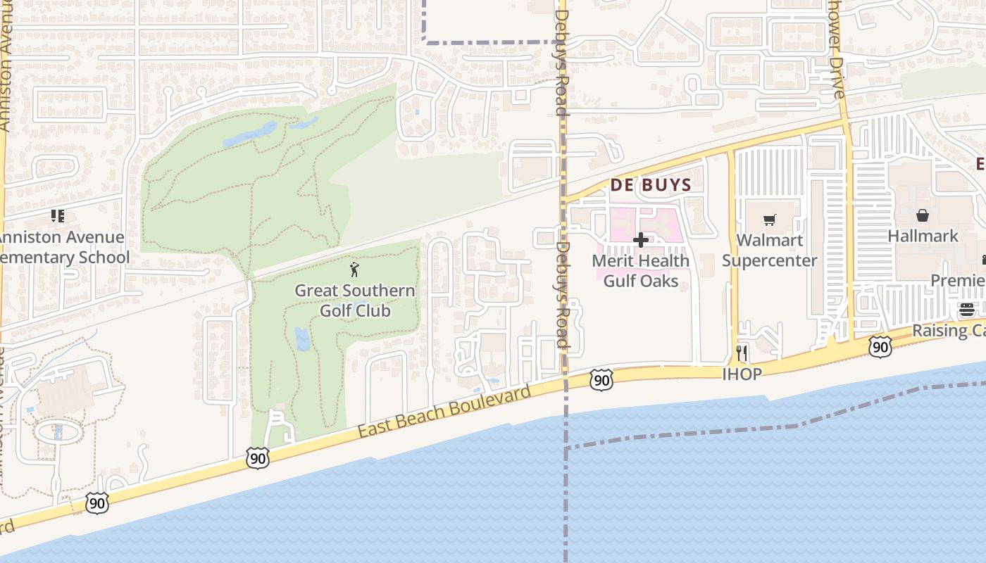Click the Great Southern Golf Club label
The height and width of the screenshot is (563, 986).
click(x=354, y=301)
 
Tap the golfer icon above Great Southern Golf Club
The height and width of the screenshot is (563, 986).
click(x=354, y=270)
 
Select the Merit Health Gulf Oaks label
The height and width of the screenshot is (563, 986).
click(x=640, y=271)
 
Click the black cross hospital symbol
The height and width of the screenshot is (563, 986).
click(x=640, y=240)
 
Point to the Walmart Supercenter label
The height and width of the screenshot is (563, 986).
click(x=769, y=251)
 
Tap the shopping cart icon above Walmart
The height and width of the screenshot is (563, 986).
click(x=769, y=220)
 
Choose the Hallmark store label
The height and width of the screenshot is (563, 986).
click(x=923, y=236)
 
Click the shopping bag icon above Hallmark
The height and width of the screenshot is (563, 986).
click(x=922, y=215)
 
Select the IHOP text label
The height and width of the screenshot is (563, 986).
click(x=742, y=374)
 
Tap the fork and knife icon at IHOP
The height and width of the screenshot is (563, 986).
click(x=741, y=353)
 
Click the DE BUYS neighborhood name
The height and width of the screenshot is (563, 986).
click(x=650, y=185)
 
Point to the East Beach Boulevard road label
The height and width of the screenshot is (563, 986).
click(x=444, y=411)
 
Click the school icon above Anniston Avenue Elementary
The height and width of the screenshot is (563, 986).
click(x=58, y=216)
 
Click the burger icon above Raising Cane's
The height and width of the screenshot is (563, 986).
click(x=967, y=310)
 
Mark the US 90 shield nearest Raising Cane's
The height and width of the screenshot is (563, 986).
click(x=880, y=346)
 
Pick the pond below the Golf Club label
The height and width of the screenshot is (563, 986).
click(x=302, y=339)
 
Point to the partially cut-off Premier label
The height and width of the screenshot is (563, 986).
click(x=958, y=281)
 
